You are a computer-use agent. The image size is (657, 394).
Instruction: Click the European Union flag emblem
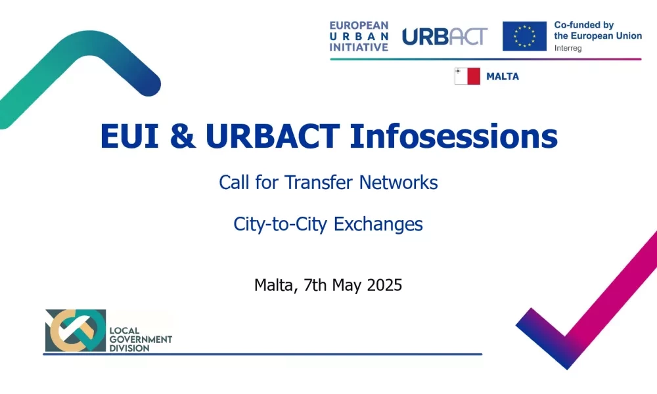point(524,36)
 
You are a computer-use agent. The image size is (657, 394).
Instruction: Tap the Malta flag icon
point(467,76)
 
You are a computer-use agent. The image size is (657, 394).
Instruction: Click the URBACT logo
point(445,36)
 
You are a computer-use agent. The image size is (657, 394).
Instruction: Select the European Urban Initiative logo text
point(359,36)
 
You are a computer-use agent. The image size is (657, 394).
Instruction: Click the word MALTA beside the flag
point(503,76)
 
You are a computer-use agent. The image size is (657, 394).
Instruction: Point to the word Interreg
point(568,48)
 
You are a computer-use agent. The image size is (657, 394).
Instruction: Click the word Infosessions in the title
point(453,136)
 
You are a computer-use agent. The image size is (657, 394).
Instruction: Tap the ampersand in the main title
point(183,136)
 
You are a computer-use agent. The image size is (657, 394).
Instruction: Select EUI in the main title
point(129,136)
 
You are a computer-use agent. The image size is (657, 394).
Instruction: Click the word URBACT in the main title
point(273,136)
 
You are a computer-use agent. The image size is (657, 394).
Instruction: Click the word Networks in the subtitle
point(399,182)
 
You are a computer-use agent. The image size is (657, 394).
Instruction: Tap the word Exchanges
point(378,224)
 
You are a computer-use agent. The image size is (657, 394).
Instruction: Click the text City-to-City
point(280,224)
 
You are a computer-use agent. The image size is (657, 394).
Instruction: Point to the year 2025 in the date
point(384,285)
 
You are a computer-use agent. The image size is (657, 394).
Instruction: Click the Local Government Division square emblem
point(76,330)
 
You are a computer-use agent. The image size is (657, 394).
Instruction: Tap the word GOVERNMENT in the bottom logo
point(141,339)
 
